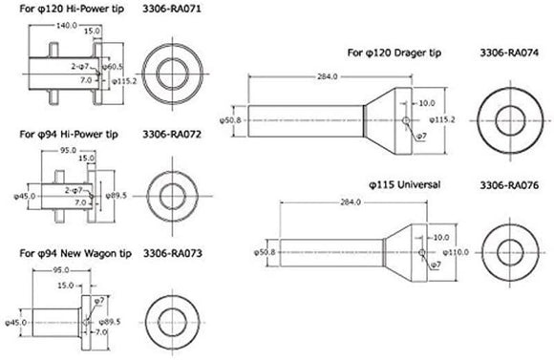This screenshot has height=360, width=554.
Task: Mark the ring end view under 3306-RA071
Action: (x=173, y=72)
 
